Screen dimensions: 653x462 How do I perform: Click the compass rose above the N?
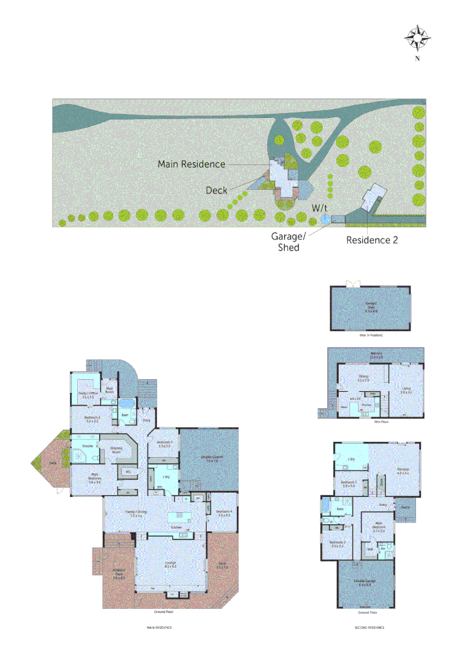[x=417, y=38]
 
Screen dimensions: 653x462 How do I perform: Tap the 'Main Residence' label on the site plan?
[x=191, y=164]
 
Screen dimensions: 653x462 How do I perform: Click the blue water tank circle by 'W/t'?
[x=325, y=219]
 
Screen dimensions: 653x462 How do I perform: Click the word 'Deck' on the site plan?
[x=216, y=190]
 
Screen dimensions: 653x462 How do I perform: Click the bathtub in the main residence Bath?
[x=127, y=403]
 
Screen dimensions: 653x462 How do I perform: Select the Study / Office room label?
[x=88, y=395]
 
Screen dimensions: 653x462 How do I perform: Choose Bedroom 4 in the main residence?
[x=224, y=513]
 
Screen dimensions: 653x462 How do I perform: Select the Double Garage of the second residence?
[x=363, y=585]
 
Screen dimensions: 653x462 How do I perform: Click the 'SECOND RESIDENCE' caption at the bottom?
[x=369, y=628]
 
